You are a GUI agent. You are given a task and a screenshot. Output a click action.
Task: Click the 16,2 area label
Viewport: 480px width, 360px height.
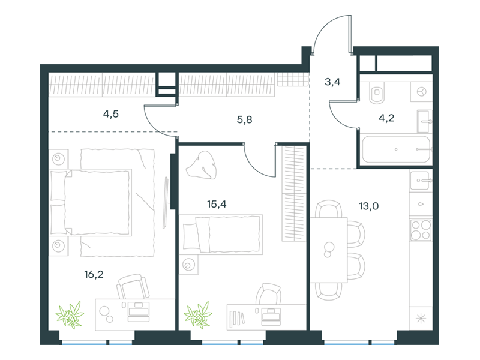(94, 274)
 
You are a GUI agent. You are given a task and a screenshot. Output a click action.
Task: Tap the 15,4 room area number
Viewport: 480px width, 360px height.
(217, 204)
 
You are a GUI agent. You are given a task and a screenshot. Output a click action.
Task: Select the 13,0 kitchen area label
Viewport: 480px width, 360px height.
(369, 206)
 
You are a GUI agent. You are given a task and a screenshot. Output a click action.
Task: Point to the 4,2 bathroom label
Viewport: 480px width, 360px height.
(386, 118)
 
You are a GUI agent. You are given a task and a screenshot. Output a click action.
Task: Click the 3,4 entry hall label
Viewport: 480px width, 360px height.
(332, 82)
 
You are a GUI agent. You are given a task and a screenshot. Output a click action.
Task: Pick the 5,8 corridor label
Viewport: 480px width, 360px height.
(245, 119)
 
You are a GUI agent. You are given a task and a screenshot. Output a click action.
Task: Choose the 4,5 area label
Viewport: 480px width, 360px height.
(111, 114)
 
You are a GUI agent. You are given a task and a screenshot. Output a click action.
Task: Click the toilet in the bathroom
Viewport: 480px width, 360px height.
(377, 93)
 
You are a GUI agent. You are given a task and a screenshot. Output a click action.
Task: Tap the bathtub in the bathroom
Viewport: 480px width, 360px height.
(396, 149)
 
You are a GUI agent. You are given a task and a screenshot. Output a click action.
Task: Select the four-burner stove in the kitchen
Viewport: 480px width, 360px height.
(421, 230)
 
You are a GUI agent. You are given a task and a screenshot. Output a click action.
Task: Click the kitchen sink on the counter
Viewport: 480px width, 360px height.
(421, 181)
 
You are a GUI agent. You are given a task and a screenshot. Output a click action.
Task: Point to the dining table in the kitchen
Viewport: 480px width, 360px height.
(329, 250)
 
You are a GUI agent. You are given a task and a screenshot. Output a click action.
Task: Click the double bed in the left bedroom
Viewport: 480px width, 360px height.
(91, 202)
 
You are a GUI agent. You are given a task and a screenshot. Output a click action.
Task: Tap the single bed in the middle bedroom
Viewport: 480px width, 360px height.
(221, 235)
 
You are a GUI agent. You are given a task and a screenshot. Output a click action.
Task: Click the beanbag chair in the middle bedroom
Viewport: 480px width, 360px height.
(202, 166)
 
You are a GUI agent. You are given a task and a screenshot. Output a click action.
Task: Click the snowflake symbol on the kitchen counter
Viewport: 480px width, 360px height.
(421, 319)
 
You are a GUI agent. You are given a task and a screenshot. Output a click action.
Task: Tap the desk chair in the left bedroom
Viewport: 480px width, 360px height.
(133, 286)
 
